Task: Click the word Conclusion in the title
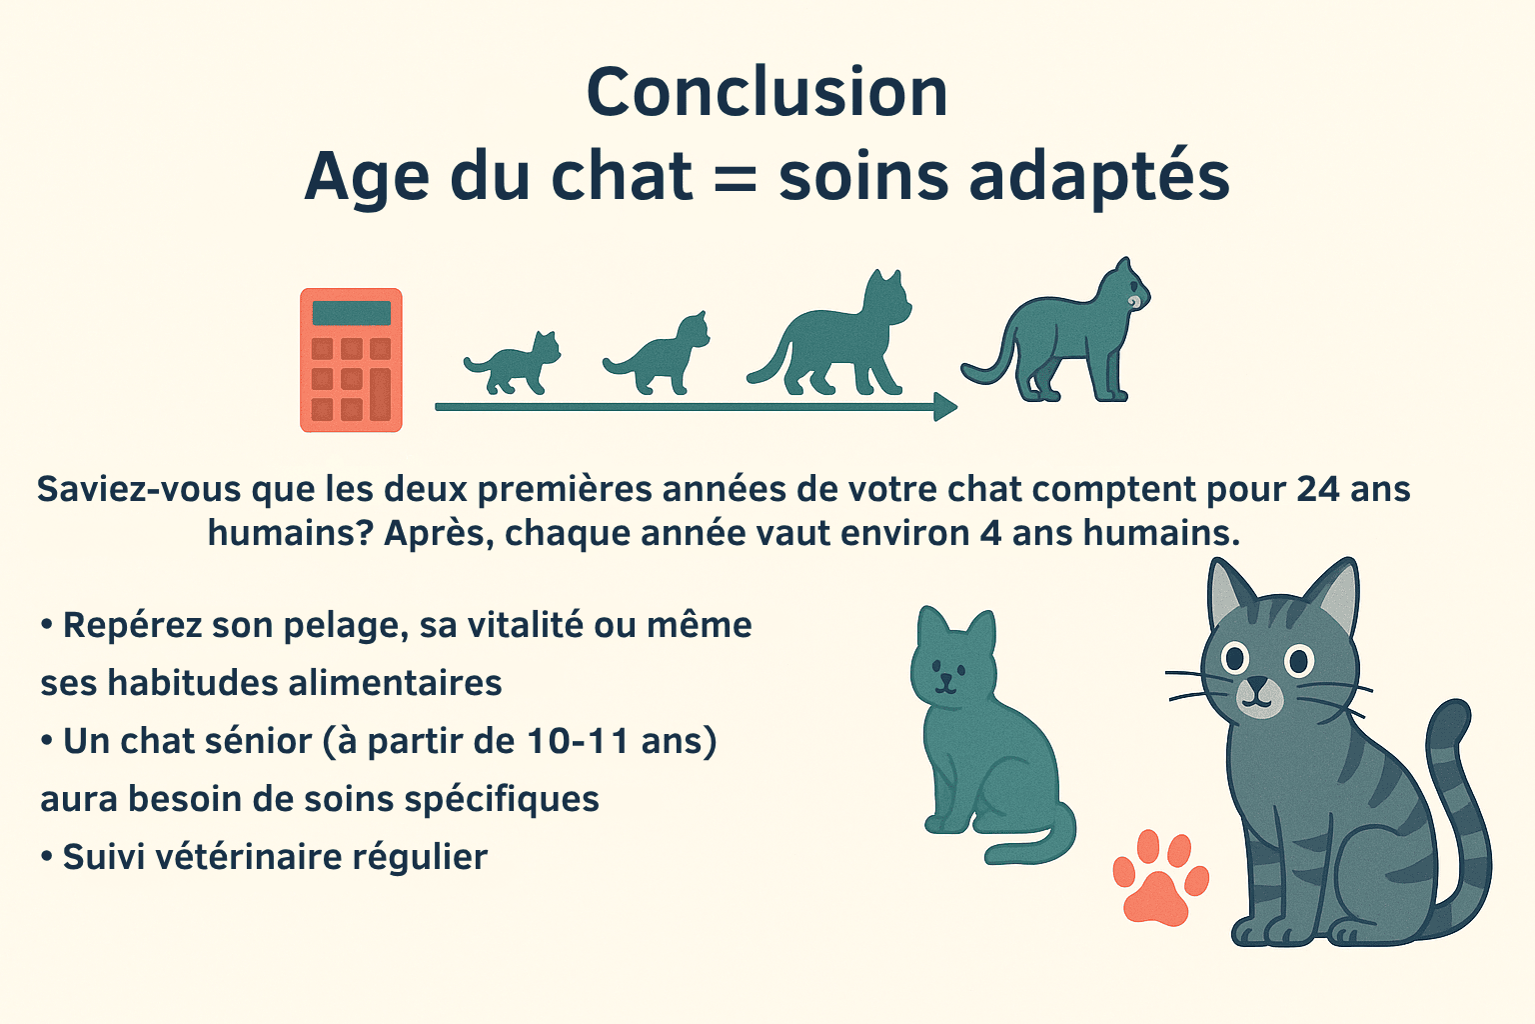[767, 93]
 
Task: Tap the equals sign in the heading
[736, 178]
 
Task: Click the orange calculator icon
[351, 360]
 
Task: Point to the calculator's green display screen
[351, 313]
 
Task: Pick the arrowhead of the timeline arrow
[944, 407]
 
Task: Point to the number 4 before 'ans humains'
[990, 533]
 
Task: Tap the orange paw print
[1159, 878]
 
